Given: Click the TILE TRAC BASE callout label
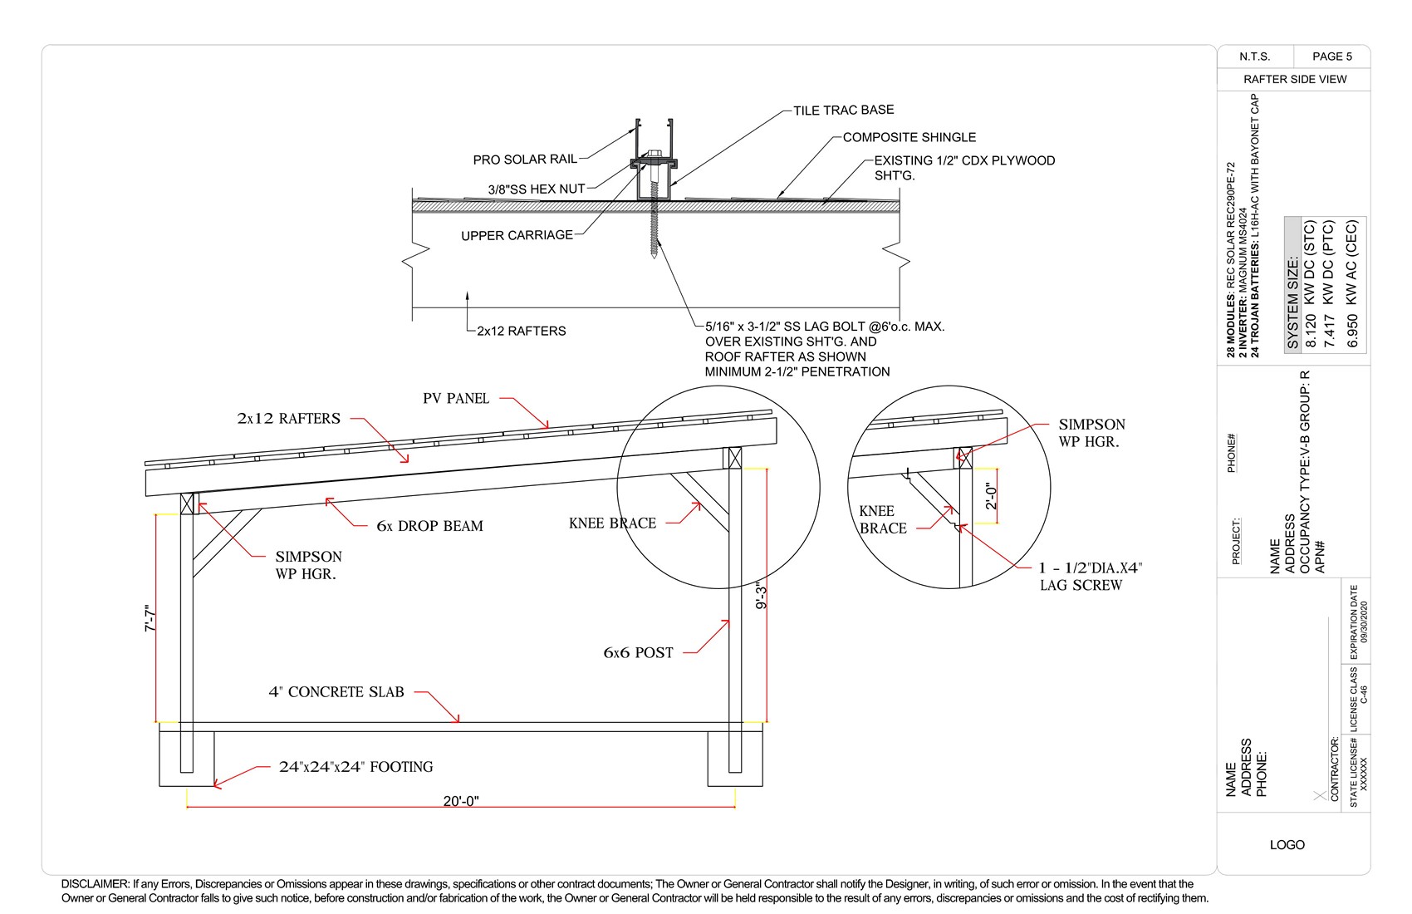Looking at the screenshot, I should pyautogui.click(x=843, y=110).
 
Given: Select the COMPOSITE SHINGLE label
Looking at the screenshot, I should pyautogui.click(x=909, y=137).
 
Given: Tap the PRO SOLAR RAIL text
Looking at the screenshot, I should pyautogui.click(x=525, y=160).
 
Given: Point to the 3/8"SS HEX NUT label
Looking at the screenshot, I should pyautogui.click(x=537, y=189).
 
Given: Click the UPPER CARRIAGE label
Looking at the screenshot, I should pyautogui.click(x=517, y=235).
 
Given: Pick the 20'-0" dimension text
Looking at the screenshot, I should pyautogui.click(x=461, y=801).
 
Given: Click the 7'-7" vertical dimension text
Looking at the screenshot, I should pyautogui.click(x=150, y=618).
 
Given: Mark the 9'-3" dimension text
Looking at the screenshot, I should pyautogui.click(x=761, y=595).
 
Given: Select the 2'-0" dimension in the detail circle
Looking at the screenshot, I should pyautogui.click(x=991, y=496).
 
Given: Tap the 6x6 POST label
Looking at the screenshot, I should pyautogui.click(x=638, y=653).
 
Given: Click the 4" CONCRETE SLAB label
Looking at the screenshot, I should pyautogui.click(x=336, y=692).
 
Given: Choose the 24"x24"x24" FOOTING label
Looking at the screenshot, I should pyautogui.click(x=355, y=767).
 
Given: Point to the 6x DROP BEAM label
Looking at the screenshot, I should pyautogui.click(x=429, y=526).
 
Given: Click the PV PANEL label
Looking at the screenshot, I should pyautogui.click(x=456, y=399).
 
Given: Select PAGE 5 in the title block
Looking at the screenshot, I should pyautogui.click(x=1331, y=57).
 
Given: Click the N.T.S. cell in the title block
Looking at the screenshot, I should pyautogui.click(x=1254, y=57).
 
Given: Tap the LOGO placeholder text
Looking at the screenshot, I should pyautogui.click(x=1287, y=845).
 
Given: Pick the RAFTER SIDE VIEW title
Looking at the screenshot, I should pyautogui.click(x=1294, y=79).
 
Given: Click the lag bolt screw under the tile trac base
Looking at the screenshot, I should pyautogui.click(x=655, y=224).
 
